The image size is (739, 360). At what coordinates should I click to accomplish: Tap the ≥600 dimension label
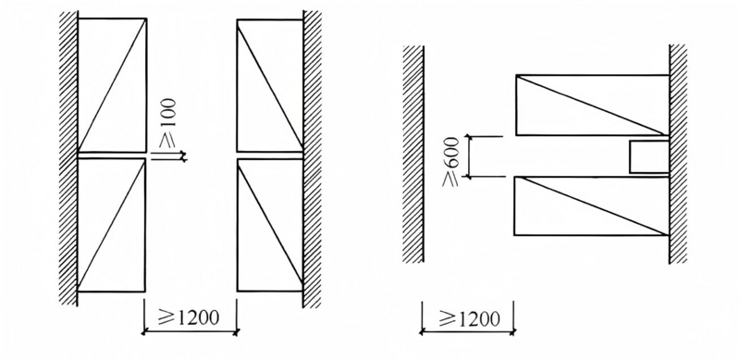pyautogui.click(x=451, y=162)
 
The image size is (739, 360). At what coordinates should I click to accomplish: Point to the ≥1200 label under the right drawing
pyautogui.click(x=470, y=318)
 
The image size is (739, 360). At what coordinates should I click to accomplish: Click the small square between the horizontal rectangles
pyautogui.click(x=649, y=156)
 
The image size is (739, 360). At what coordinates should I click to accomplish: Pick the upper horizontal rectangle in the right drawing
pyautogui.click(x=593, y=105)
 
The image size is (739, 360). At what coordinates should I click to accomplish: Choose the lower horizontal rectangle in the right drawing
pyautogui.click(x=591, y=205)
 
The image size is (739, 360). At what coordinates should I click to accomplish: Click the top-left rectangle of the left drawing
pyautogui.click(x=112, y=85)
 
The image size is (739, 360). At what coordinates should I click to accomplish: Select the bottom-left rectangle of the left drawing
pyautogui.click(x=111, y=225)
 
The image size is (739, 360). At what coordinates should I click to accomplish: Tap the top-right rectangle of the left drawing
pyautogui.click(x=270, y=85)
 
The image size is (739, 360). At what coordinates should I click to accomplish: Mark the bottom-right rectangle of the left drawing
pyautogui.click(x=270, y=225)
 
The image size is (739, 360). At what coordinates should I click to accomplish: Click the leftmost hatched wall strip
pyautogui.click(x=68, y=158)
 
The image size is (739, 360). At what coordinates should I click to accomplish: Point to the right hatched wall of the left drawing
pyautogui.click(x=312, y=159)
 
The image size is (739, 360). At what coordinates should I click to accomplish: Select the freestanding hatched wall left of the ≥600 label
pyautogui.click(x=413, y=154)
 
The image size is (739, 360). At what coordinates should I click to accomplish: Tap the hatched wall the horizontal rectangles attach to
pyautogui.click(x=678, y=154)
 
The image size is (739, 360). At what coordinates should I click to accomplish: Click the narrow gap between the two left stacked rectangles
pyautogui.click(x=112, y=155)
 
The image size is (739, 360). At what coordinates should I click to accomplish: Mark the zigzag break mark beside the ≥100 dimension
pyautogui.click(x=183, y=156)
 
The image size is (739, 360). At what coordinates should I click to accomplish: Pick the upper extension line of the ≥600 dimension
pyautogui.click(x=485, y=136)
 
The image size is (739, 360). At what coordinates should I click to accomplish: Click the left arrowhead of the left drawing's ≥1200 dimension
pyautogui.click(x=144, y=332)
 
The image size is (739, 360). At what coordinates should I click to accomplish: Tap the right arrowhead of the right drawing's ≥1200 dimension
pyautogui.click(x=511, y=332)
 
